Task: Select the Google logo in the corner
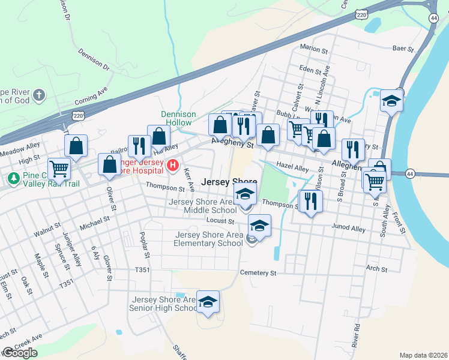click(x=20, y=353)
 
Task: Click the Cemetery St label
click(x=258, y=272)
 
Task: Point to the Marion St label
click(x=314, y=48)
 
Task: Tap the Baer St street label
click(x=403, y=49)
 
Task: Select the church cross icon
click(x=39, y=95)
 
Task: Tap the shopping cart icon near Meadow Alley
click(x=59, y=169)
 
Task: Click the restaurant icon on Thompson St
click(x=310, y=201)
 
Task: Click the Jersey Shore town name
click(x=229, y=182)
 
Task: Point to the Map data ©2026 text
click(x=424, y=355)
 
